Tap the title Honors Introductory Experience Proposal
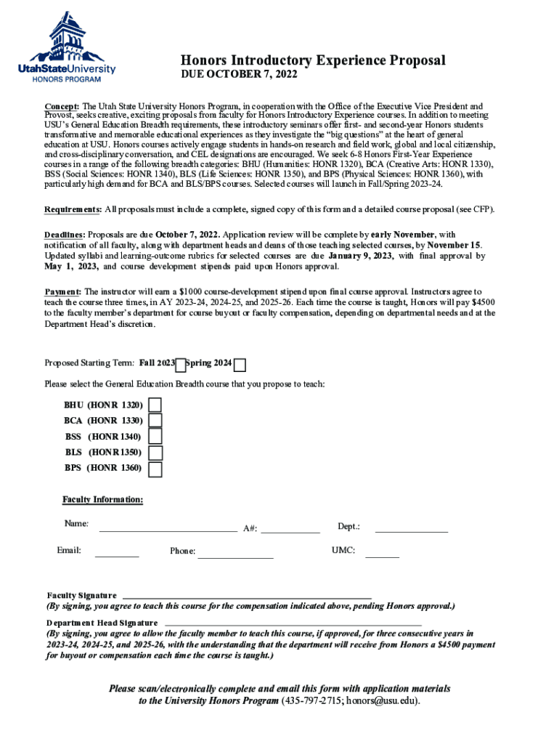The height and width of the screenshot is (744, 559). coord(313,60)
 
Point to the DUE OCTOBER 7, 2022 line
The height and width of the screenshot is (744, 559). coord(239,75)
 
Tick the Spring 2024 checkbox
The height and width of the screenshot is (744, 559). coord(240,365)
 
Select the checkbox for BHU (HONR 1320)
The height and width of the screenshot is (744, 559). coord(155,405)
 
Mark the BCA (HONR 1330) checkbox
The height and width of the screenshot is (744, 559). coord(155,421)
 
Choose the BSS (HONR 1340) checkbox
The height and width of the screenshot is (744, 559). coord(155,437)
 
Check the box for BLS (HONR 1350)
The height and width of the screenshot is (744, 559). coord(155,453)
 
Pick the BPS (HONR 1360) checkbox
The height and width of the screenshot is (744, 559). coord(155,469)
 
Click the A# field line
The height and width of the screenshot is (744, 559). coord(290,529)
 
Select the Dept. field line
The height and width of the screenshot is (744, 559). coord(411,529)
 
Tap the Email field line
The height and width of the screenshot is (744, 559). coord(117,554)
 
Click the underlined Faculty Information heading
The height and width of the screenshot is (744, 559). coord(102,500)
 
